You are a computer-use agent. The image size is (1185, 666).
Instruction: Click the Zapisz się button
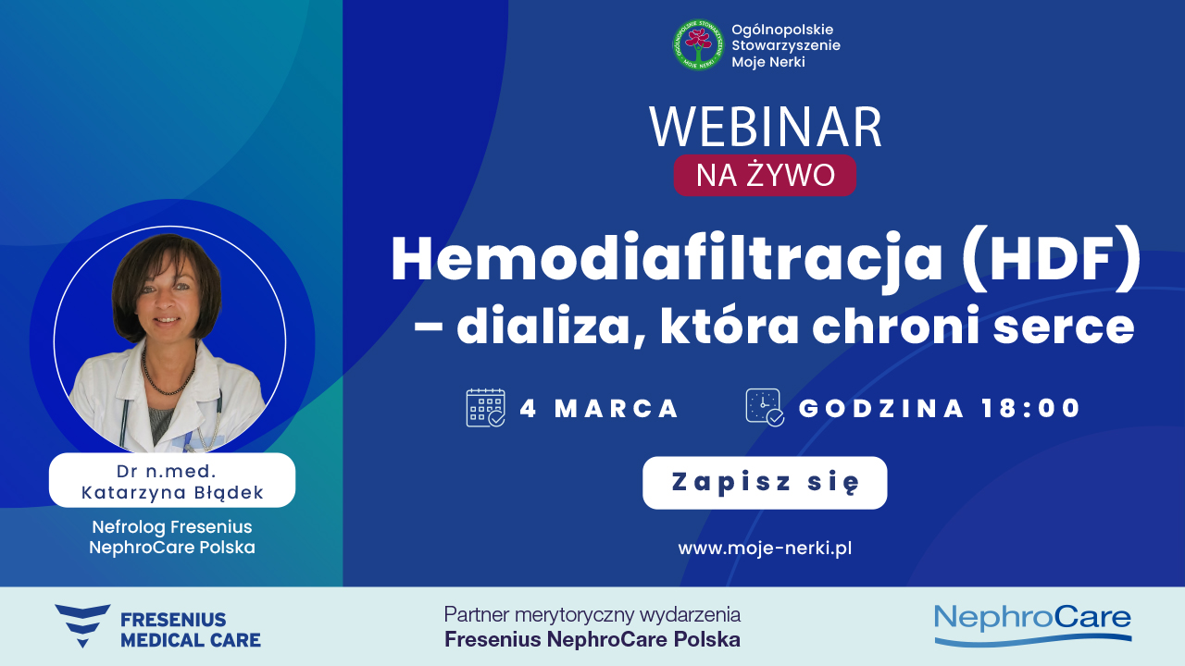(x=765, y=483)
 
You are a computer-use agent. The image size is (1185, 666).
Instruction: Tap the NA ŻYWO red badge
(x=765, y=175)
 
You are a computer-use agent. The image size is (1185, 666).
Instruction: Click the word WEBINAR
(x=765, y=129)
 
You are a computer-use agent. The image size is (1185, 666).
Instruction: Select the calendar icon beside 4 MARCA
(x=485, y=407)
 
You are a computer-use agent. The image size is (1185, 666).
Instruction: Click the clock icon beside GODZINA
(x=765, y=407)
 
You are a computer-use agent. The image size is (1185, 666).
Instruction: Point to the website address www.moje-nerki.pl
(x=765, y=548)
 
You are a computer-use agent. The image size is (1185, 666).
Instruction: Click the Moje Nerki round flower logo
(x=697, y=44)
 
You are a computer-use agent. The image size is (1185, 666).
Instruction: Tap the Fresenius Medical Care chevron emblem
(x=81, y=625)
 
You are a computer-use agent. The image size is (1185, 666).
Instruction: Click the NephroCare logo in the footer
(x=1032, y=623)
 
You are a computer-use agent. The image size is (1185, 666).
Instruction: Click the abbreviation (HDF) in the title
(x=1052, y=262)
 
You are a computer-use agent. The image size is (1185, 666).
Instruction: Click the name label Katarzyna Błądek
(x=172, y=493)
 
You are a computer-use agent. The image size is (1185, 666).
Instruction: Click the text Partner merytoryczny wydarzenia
(x=592, y=614)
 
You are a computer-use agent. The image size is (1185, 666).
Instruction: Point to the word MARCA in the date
(x=617, y=408)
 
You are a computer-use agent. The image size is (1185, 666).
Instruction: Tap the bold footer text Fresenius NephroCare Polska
(x=592, y=639)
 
